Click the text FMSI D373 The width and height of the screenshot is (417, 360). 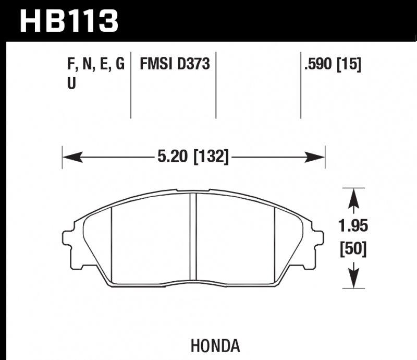click(x=175, y=65)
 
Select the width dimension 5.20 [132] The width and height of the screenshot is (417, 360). click(x=193, y=155)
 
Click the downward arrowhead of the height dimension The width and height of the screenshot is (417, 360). click(x=354, y=280)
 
